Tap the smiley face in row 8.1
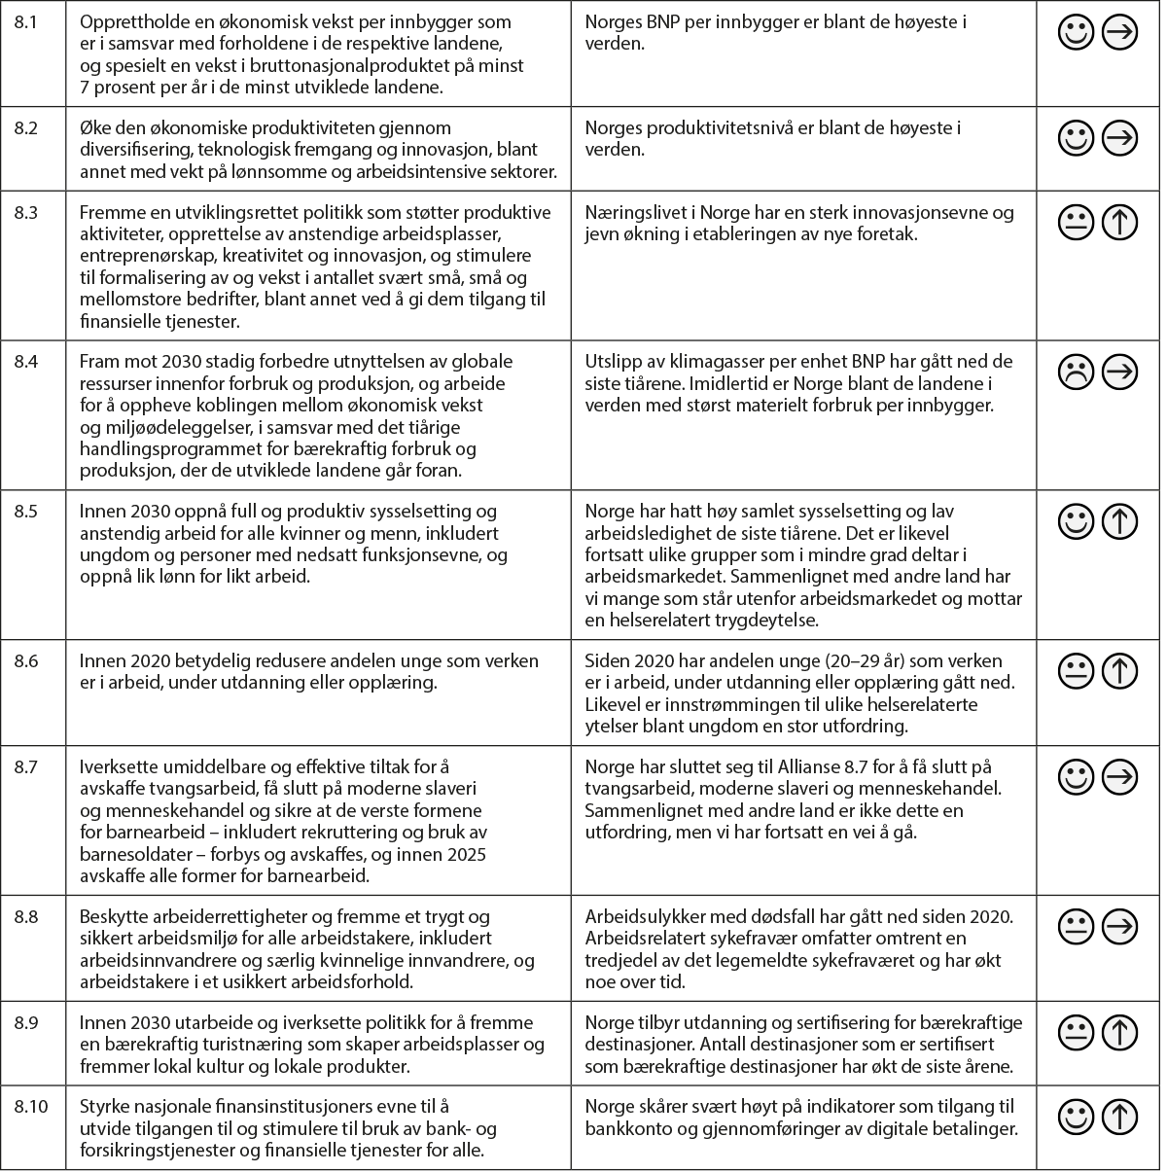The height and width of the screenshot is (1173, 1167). click(x=1076, y=33)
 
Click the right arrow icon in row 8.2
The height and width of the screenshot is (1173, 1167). click(x=1119, y=139)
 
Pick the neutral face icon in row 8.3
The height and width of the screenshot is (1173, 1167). click(x=1076, y=224)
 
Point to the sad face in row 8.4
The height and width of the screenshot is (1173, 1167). click(x=1076, y=373)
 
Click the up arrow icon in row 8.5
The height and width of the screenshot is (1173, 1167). click(x=1119, y=522)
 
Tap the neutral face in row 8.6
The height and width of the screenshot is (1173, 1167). click(x=1076, y=671)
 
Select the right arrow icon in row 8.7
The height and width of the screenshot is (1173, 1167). click(x=1119, y=777)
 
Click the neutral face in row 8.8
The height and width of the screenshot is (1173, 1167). click(x=1076, y=927)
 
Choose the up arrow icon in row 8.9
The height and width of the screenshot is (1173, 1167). click(x=1119, y=1032)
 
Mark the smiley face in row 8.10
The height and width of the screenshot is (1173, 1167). click(x=1076, y=1118)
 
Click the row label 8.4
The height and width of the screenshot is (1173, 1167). click(x=26, y=362)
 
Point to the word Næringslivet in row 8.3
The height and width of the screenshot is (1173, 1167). click(x=628, y=213)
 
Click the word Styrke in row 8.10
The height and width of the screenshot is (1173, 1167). click(x=103, y=1107)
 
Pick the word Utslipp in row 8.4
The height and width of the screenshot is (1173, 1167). click(x=610, y=362)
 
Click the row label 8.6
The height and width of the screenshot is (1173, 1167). click(x=26, y=660)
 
